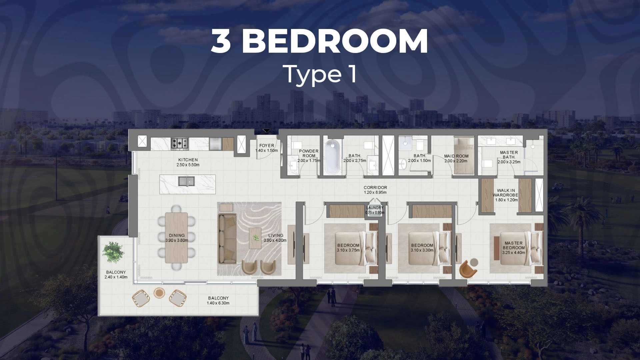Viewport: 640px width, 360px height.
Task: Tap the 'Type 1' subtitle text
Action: coord(320,74)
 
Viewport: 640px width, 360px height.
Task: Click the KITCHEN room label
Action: coord(188,160)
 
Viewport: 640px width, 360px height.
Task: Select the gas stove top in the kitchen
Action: coord(180,143)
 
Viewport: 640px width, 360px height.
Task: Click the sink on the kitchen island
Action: coord(186,181)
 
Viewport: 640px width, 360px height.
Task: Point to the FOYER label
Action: coord(267,146)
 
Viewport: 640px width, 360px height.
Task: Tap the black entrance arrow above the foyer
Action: coord(266,131)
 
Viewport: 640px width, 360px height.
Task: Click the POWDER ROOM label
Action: coord(309,153)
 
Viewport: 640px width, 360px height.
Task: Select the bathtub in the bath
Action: coord(332,156)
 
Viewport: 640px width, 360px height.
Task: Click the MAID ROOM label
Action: coord(456,156)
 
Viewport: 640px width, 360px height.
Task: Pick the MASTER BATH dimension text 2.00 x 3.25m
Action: coord(509,162)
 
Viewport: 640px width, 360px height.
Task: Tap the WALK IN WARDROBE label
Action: coord(506,193)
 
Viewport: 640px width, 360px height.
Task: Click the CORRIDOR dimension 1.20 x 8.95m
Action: coord(375,192)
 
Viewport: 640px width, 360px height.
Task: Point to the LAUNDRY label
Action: coord(375,208)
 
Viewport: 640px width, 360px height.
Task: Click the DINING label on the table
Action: coord(177,235)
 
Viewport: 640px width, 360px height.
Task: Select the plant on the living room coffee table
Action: coord(256,238)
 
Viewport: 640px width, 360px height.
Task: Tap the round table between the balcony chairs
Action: coord(159,293)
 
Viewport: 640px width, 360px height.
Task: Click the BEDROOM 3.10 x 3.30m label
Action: coord(422,248)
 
